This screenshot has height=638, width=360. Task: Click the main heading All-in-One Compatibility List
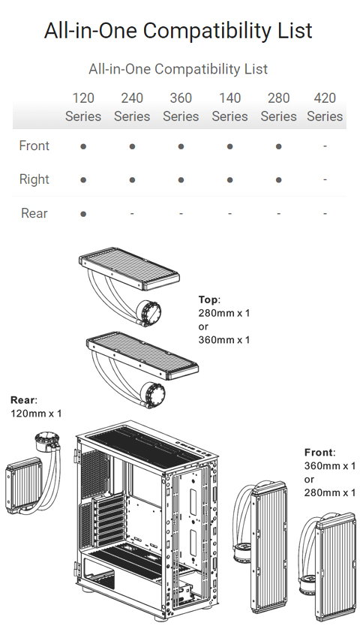point(178,31)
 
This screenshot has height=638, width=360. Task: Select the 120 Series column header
point(83,107)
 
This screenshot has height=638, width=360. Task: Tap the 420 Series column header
point(325,107)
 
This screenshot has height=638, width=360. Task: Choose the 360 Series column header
point(181,107)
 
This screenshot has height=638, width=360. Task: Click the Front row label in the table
point(34,146)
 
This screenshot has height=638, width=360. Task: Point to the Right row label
point(34,179)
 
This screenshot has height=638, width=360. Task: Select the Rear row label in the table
point(34,213)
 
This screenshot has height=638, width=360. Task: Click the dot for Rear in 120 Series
point(83,214)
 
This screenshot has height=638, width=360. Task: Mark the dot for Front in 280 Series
point(279,146)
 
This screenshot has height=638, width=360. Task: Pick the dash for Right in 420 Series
point(325,180)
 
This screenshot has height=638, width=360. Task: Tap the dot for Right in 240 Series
point(132,180)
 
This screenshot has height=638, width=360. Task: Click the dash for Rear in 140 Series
point(229,214)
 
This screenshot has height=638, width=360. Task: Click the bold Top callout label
point(208,299)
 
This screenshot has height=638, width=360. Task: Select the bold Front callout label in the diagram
point(319,453)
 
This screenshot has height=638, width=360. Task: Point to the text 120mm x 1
point(36,413)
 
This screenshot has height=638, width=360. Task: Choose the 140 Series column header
point(229,107)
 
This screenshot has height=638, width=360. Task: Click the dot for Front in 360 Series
point(181,146)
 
